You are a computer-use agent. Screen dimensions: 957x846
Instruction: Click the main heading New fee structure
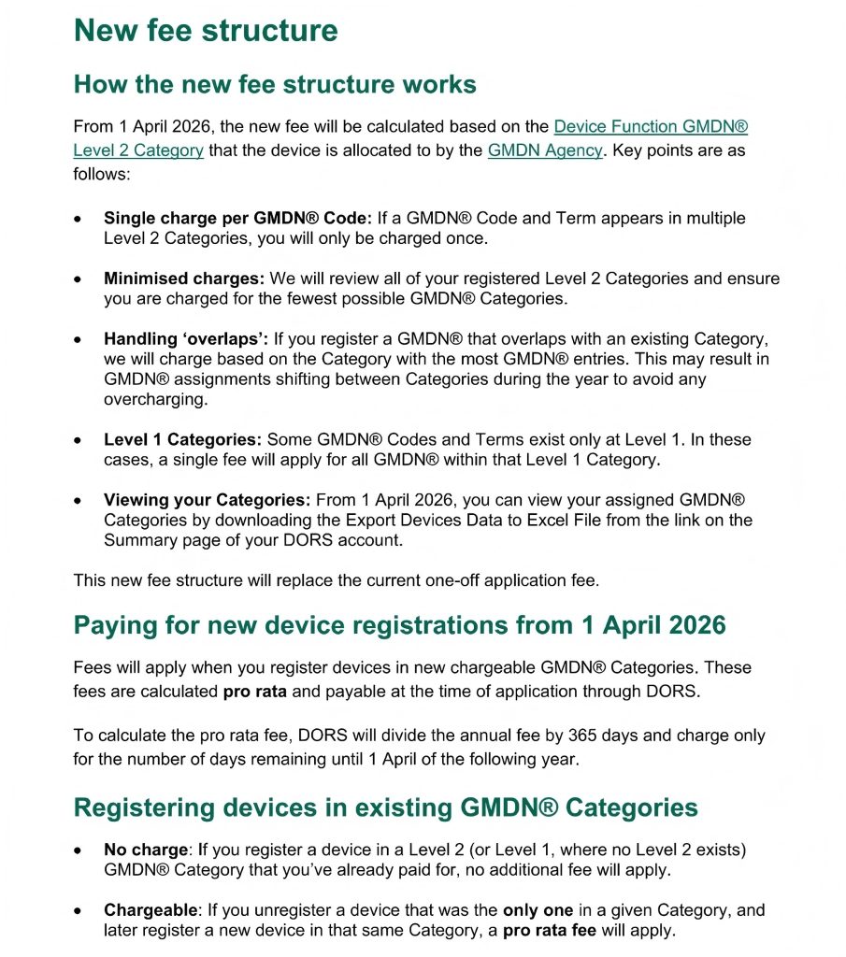[205, 30]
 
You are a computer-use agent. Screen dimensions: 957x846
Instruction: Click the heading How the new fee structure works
[275, 84]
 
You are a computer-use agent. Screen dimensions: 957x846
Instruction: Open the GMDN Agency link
[545, 150]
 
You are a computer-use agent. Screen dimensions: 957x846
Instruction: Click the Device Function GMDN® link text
[651, 126]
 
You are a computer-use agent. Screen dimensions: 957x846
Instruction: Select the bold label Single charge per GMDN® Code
[237, 218]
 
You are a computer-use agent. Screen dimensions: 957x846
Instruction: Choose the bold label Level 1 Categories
[183, 439]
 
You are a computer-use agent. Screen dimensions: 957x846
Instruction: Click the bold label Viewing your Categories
[207, 500]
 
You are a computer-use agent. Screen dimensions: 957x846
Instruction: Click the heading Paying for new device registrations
[399, 624]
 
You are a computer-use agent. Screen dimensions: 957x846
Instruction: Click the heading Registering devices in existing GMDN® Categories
[385, 807]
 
